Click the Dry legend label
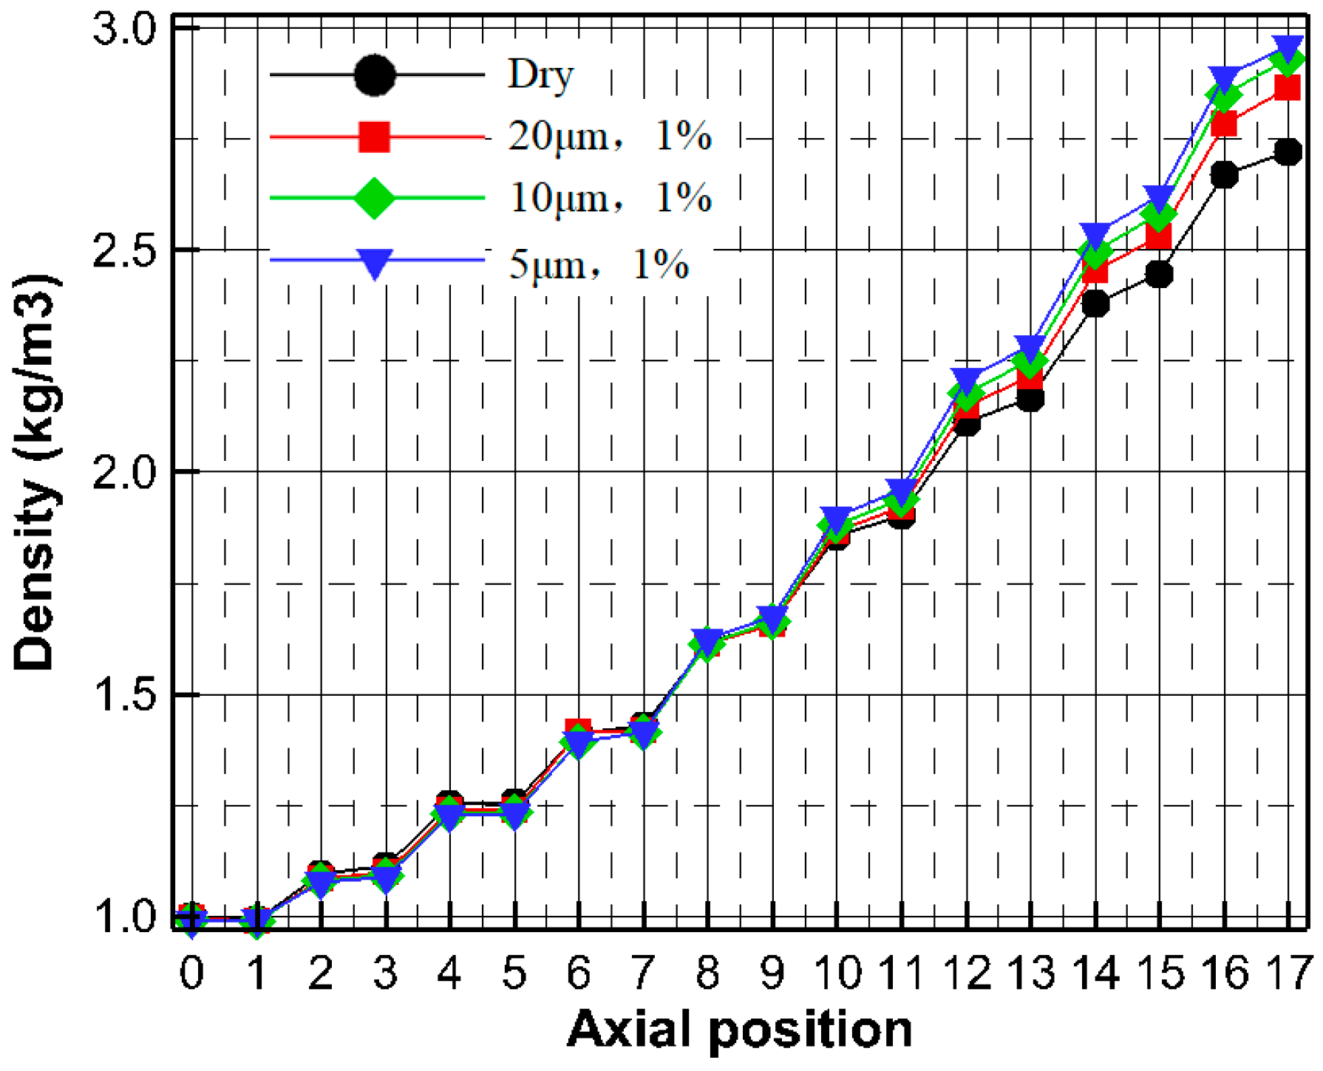click(540, 75)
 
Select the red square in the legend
click(374, 137)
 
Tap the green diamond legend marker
click(374, 198)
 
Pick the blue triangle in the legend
click(374, 262)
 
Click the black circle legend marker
click(374, 75)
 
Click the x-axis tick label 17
click(1288, 973)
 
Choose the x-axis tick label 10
click(837, 973)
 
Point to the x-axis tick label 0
click(191, 973)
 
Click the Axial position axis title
click(739, 1030)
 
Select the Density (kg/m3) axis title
click(35, 473)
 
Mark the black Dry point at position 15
click(1159, 275)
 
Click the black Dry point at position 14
click(1095, 304)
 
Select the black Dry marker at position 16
click(1224, 175)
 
